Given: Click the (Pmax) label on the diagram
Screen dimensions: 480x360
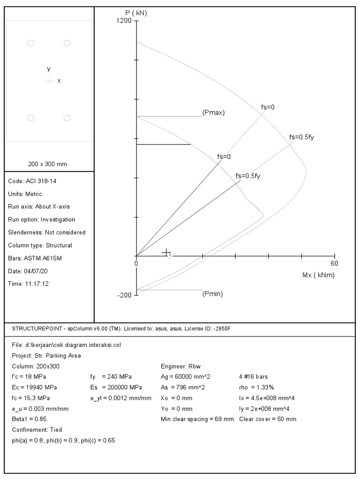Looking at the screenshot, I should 214,113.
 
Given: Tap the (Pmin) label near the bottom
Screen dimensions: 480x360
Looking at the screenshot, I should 212,294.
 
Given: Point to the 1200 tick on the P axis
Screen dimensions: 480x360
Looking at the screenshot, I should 124,21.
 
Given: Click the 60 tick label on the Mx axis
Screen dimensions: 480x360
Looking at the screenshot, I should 335,263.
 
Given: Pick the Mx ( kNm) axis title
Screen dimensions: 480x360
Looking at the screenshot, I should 318,275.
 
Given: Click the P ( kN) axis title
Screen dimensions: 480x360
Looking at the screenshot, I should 136,13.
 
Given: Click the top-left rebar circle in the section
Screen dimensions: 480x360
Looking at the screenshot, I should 31,43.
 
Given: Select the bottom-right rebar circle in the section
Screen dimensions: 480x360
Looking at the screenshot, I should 67,118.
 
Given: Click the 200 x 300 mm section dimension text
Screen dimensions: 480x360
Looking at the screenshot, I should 48,164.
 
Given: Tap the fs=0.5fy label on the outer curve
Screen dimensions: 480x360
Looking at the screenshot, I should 301,137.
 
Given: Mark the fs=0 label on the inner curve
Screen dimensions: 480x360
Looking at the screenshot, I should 224,157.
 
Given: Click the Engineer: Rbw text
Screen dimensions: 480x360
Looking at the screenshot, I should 181,366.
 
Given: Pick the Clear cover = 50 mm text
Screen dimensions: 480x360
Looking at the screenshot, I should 268,419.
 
